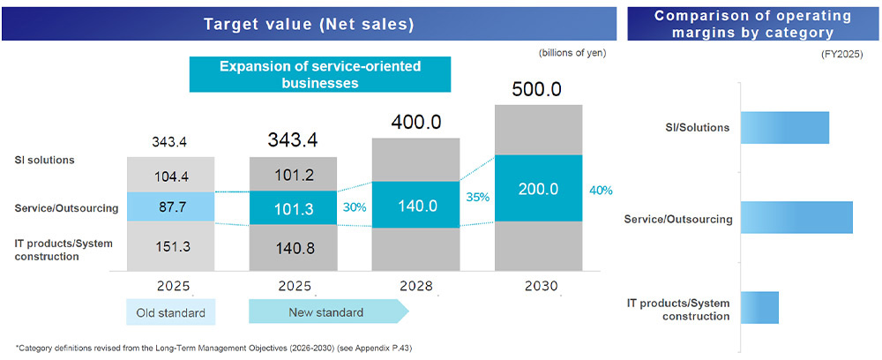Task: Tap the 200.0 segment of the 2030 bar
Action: pyautogui.click(x=538, y=189)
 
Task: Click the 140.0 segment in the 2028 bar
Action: pyautogui.click(x=415, y=204)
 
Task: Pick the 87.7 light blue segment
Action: pyautogui.click(x=171, y=206)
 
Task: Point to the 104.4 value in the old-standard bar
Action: pyautogui.click(x=171, y=176)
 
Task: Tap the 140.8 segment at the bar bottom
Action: pyautogui.click(x=293, y=249)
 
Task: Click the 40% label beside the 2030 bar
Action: pyautogui.click(x=601, y=190)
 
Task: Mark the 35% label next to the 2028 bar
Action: pyautogui.click(x=477, y=197)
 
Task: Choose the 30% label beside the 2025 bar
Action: pyautogui.click(x=353, y=208)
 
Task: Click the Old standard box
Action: pyautogui.click(x=171, y=313)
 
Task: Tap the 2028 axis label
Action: pyautogui.click(x=415, y=286)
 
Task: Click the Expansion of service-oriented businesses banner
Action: pyautogui.click(x=319, y=74)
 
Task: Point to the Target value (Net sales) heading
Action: pyautogui.click(x=309, y=24)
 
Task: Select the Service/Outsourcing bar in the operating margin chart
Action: pyautogui.click(x=797, y=218)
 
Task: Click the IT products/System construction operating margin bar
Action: pyautogui.click(x=760, y=307)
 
